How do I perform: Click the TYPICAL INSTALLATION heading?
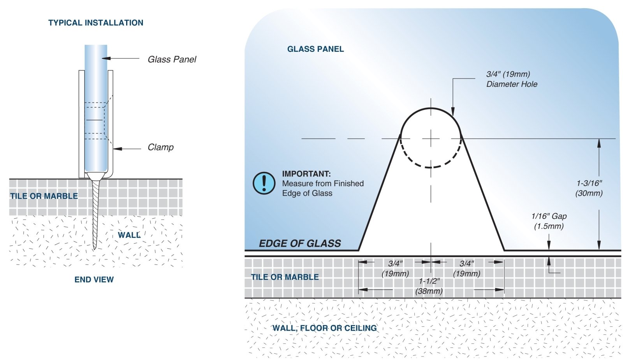pyautogui.click(x=95, y=23)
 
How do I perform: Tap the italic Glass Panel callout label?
pyautogui.click(x=172, y=60)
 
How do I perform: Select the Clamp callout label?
pyautogui.click(x=160, y=147)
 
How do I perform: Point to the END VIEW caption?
pyautogui.click(x=94, y=280)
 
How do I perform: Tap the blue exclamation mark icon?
pyautogui.click(x=264, y=183)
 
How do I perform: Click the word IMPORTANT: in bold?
pyautogui.click(x=306, y=174)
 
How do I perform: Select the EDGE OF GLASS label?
pyautogui.click(x=300, y=244)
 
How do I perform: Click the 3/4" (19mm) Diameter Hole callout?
pyautogui.click(x=511, y=79)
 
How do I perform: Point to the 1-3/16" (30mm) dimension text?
pyautogui.click(x=589, y=188)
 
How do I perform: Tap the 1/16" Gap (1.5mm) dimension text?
pyautogui.click(x=549, y=221)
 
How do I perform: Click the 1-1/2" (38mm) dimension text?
pyautogui.click(x=429, y=286)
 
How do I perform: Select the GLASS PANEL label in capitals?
pyautogui.click(x=315, y=49)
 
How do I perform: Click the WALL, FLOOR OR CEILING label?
pyautogui.click(x=324, y=328)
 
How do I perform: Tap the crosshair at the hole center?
pyautogui.click(x=431, y=138)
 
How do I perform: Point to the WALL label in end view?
pyautogui.click(x=129, y=235)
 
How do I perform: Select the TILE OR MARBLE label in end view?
pyautogui.click(x=44, y=196)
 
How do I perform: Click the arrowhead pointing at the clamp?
pyautogui.click(x=116, y=149)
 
